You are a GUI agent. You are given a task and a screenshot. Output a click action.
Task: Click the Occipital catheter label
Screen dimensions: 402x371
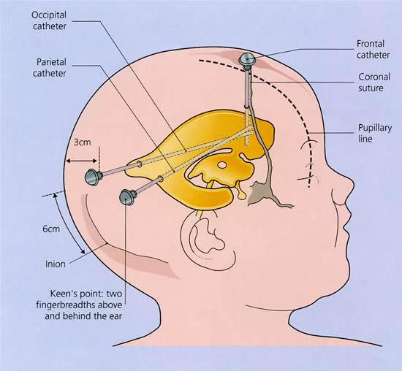click(x=49, y=20)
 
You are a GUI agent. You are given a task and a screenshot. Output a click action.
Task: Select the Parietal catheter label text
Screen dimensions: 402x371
click(x=50, y=68)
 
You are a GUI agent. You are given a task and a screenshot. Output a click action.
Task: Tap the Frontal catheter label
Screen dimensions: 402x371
click(x=373, y=50)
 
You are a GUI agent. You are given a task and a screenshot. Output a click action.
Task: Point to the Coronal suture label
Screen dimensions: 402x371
click(x=374, y=83)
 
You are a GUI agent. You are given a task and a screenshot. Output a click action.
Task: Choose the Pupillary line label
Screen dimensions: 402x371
click(x=375, y=133)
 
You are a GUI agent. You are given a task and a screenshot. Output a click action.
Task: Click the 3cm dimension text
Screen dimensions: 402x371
click(x=83, y=142)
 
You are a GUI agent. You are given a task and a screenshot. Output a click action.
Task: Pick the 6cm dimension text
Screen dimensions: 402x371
click(x=51, y=229)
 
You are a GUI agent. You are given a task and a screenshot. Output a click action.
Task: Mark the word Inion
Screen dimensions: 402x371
click(x=56, y=264)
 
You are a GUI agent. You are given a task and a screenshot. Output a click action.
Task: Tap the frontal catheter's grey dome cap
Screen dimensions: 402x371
click(x=247, y=60)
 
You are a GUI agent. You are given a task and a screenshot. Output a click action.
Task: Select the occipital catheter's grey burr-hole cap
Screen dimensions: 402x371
click(x=94, y=177)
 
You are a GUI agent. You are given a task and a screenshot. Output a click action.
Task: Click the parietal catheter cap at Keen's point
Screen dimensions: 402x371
click(x=128, y=196)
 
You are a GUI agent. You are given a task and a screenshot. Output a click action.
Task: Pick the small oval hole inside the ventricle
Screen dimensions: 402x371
click(x=221, y=165)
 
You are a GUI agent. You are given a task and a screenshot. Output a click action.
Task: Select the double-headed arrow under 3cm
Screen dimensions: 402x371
click(x=81, y=161)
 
